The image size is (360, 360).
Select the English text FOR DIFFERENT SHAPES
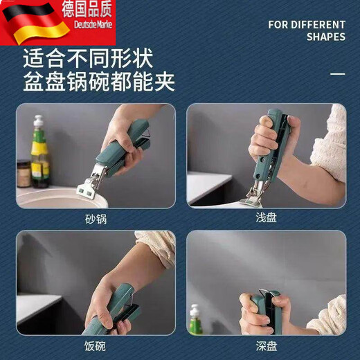point(306,30)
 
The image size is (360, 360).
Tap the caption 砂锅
point(96,217)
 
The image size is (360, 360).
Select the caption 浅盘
point(266,217)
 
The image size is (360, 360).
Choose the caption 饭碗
point(96,344)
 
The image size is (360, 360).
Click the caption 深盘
point(266,344)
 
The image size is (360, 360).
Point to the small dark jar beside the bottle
point(24,173)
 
